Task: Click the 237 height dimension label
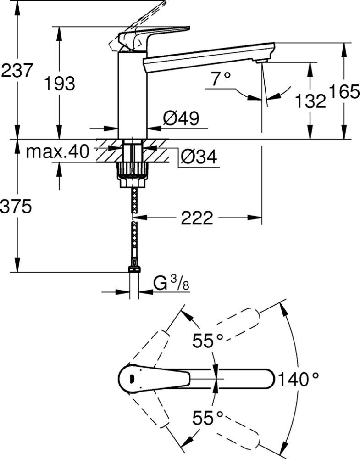click(x=16, y=71)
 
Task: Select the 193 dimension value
click(x=59, y=84)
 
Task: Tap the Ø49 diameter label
click(x=181, y=118)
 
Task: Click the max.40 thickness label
click(x=57, y=151)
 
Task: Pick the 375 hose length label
click(x=16, y=207)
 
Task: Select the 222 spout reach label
click(x=197, y=218)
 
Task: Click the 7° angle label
click(x=221, y=79)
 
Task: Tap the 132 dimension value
click(x=310, y=101)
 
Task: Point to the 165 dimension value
click(x=344, y=92)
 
